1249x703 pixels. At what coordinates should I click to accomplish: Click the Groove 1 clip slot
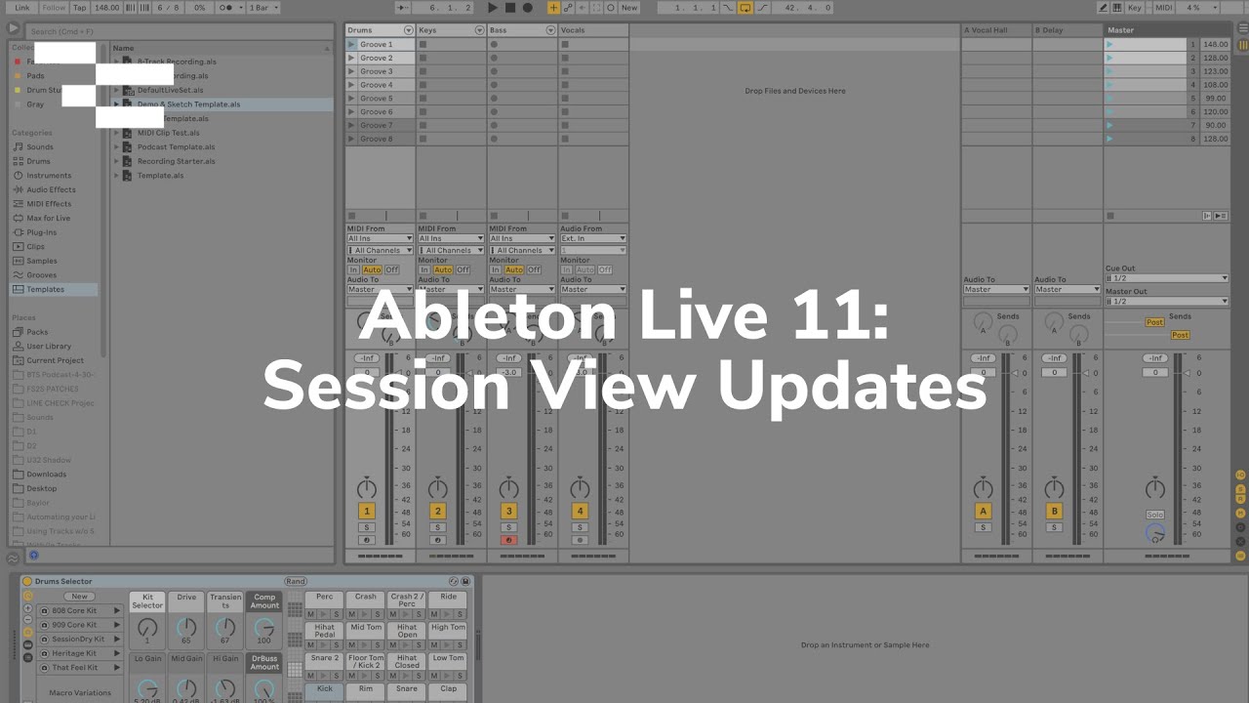pos(377,44)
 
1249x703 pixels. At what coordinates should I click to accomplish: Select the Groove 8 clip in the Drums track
pos(377,139)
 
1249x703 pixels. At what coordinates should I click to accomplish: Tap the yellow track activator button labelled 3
pos(508,511)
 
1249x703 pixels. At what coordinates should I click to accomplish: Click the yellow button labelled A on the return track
pos(983,511)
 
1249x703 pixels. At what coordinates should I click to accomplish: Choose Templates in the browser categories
pos(45,289)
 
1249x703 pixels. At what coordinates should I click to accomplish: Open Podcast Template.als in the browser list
pos(176,146)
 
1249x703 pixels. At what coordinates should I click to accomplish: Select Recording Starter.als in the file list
pos(176,161)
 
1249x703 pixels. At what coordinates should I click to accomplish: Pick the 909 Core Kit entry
pos(74,625)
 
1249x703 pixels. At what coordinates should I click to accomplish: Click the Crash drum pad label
pos(366,597)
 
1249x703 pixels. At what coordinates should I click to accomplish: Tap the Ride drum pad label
pos(448,597)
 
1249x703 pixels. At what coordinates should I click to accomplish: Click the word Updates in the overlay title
pos(852,386)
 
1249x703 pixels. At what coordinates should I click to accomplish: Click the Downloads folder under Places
pos(46,475)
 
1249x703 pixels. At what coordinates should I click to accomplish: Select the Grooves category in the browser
pos(41,275)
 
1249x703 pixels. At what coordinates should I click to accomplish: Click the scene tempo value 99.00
pos(1215,99)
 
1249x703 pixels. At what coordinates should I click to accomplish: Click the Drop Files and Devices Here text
pos(795,91)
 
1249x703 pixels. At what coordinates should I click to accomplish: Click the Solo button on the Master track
pos(1155,515)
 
